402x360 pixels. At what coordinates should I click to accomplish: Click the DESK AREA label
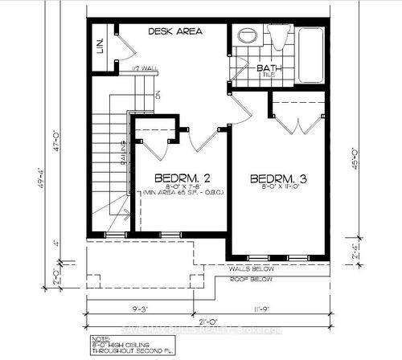(x=174, y=31)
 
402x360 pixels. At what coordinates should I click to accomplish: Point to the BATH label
(x=268, y=69)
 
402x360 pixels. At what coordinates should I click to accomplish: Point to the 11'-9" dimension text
(x=265, y=306)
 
